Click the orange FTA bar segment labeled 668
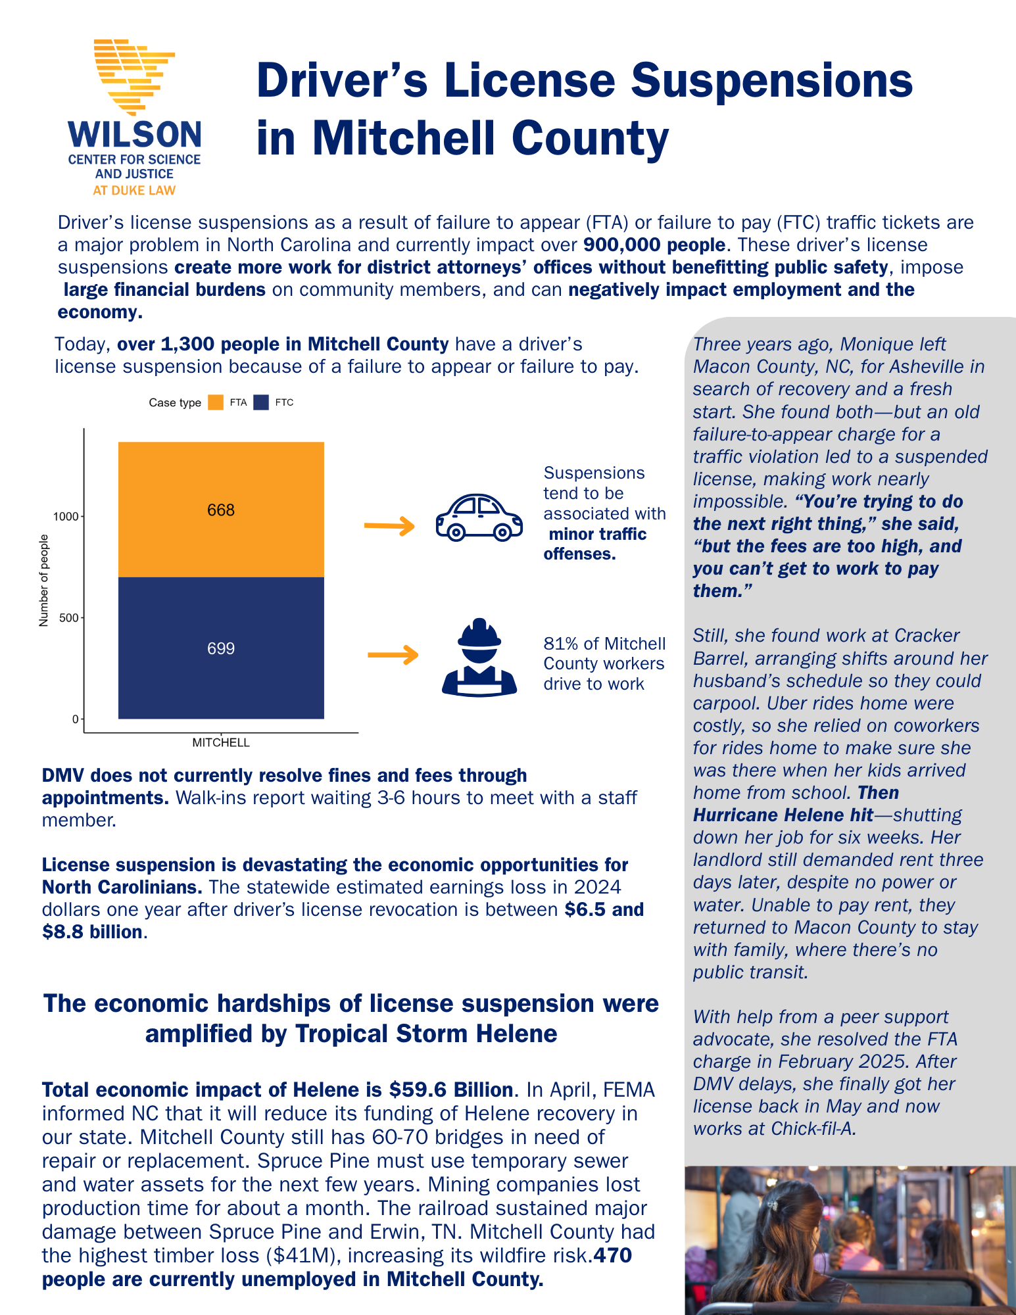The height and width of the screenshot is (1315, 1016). coord(221,510)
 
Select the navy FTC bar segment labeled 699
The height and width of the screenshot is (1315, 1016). coord(221,648)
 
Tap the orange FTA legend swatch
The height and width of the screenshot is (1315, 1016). coord(216,402)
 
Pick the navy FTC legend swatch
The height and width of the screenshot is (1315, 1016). coord(261,402)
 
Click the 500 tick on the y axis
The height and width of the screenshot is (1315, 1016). coord(69,618)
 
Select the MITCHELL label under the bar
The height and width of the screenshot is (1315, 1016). coord(221,743)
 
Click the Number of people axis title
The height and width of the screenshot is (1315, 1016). coord(44,581)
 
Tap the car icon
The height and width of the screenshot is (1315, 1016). coord(479,517)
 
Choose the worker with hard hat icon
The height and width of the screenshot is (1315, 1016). coord(479,657)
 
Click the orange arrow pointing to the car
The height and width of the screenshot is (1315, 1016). coord(389,526)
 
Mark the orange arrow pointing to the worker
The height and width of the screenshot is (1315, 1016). coord(393,655)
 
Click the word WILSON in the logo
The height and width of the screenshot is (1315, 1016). coord(135,135)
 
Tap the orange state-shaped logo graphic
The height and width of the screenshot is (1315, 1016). coord(134,76)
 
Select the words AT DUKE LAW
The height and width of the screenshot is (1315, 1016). coord(134,191)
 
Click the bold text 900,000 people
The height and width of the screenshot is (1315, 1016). coord(654,245)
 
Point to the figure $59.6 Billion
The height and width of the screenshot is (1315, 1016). coord(450,1090)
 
